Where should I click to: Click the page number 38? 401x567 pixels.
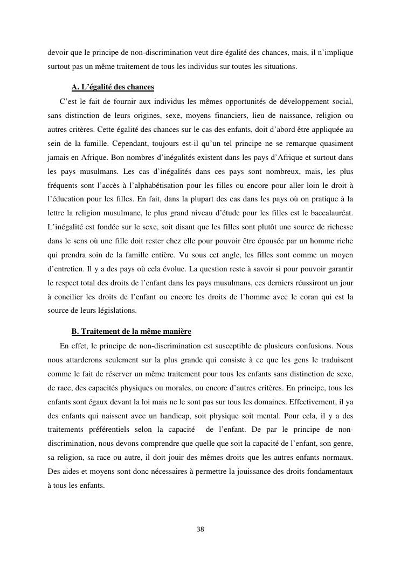coord(200,529)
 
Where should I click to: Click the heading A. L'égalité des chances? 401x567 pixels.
coord(113,87)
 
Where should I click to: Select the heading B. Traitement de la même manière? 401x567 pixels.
coord(131,332)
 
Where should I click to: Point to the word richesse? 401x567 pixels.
coord(336,228)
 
